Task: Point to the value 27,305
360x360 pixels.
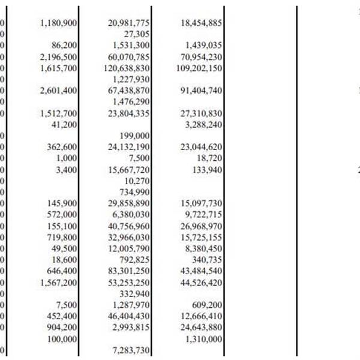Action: pyautogui.click(x=136, y=34)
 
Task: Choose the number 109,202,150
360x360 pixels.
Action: pyautogui.click(x=199, y=68)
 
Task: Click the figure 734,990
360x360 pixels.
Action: pyautogui.click(x=134, y=192)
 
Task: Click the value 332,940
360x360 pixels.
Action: pyautogui.click(x=134, y=293)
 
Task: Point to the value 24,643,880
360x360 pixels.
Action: pyautogui.click(x=201, y=328)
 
